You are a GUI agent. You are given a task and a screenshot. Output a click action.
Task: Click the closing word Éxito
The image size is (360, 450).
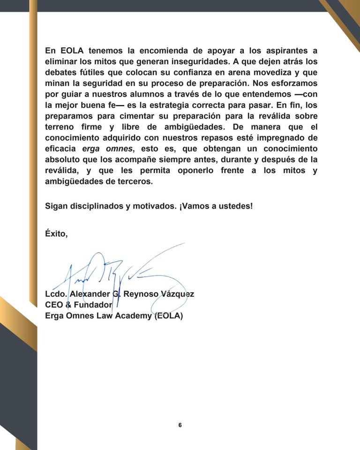click(56, 234)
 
